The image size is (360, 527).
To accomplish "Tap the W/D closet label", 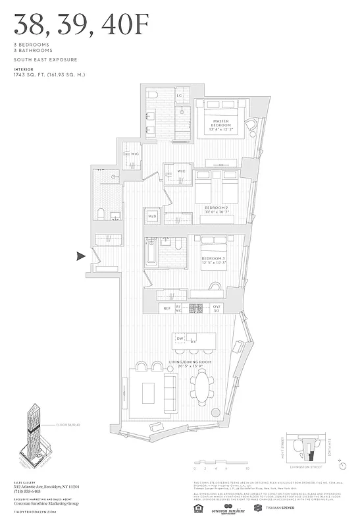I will click(x=152, y=215).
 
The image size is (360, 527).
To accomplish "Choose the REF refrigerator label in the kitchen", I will click(x=167, y=308).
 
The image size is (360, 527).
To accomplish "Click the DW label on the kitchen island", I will click(x=180, y=339).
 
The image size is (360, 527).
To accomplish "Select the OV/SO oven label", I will click(x=217, y=308).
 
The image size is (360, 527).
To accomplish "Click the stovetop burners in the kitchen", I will click(x=196, y=308).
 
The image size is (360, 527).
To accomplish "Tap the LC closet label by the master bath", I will click(x=179, y=96).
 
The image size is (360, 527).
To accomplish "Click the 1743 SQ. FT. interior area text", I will click(x=49, y=74).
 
